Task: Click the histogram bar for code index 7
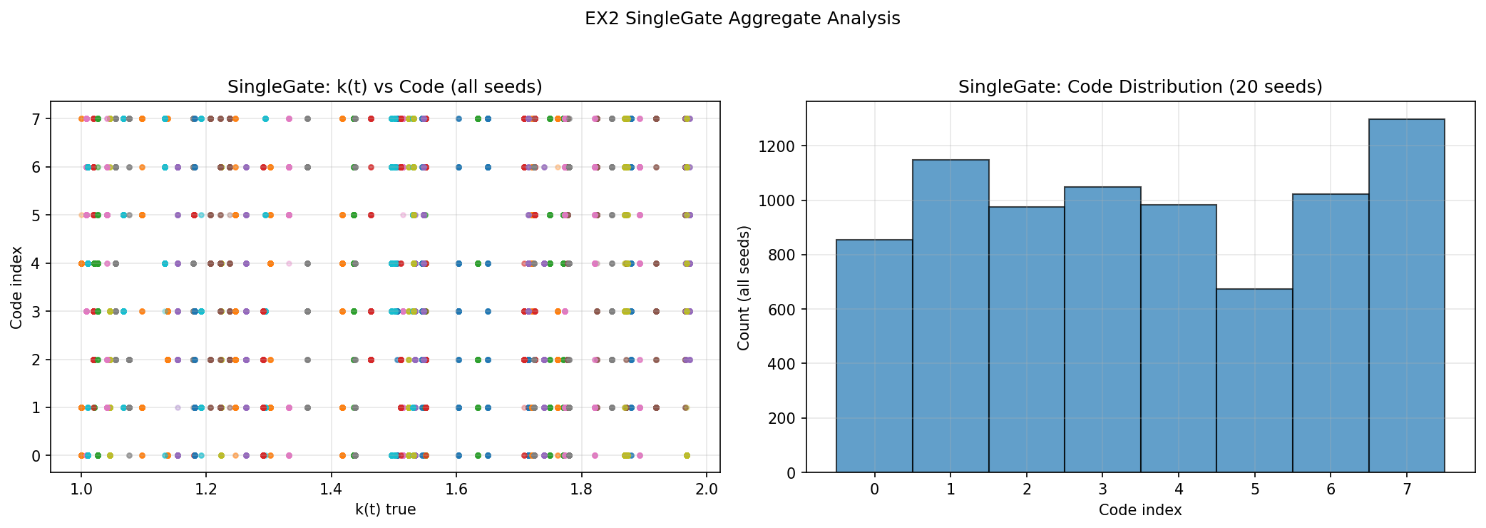1406,295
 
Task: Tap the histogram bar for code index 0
874,356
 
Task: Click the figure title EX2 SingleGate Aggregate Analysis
742,19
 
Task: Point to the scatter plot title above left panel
385,87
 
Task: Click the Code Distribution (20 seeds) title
1140,87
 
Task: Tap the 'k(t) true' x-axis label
385,509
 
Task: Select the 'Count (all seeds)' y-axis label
744,288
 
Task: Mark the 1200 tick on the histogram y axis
782,146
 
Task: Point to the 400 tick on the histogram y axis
785,364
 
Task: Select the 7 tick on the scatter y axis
36,119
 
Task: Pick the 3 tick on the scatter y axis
36,311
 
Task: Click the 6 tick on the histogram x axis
1331,489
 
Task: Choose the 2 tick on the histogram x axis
1026,489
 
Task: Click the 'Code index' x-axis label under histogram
1140,509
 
